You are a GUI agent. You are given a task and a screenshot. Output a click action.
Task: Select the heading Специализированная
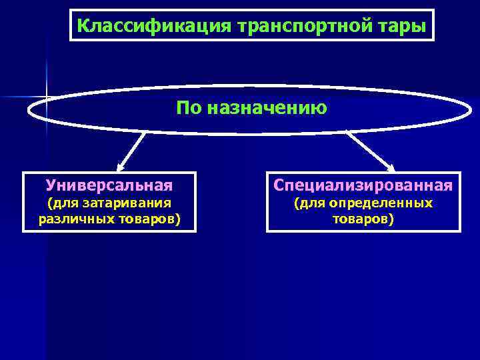pos(363,184)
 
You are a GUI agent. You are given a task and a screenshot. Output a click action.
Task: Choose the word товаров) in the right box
pos(363,218)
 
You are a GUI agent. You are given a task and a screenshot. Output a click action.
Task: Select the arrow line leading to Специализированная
pos(370,151)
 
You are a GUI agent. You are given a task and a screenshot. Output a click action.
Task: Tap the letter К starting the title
pos(82,26)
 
